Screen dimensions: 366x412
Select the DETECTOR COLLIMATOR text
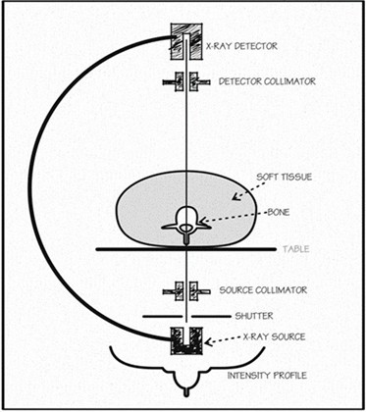click(x=267, y=80)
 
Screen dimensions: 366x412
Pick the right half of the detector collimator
click(x=200, y=81)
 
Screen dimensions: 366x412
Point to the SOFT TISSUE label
click(x=284, y=178)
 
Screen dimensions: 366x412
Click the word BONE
click(x=279, y=212)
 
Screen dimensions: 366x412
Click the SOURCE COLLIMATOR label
click(x=263, y=290)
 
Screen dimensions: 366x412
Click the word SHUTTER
click(x=254, y=316)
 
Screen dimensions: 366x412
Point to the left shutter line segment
click(x=162, y=317)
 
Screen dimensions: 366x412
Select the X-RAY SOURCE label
click(x=273, y=336)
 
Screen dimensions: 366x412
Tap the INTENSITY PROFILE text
click(x=267, y=375)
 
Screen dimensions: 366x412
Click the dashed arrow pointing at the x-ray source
click(x=223, y=339)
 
